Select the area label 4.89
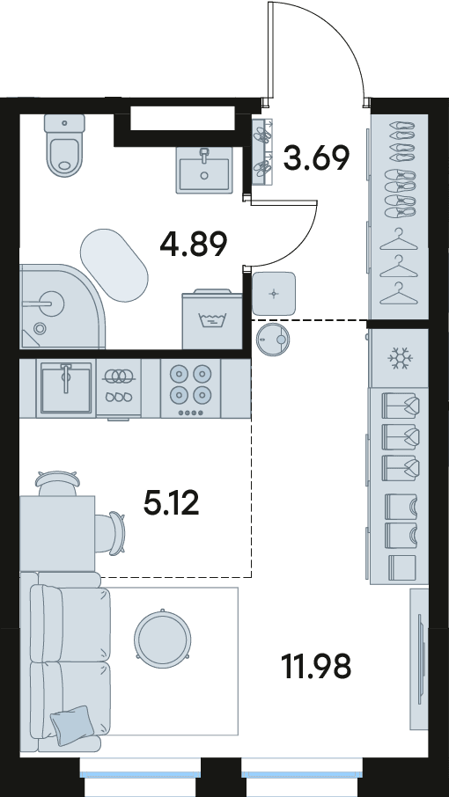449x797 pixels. point(193,245)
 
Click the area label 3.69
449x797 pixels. point(316,157)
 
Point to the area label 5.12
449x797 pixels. point(172,503)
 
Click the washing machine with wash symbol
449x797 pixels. point(212,319)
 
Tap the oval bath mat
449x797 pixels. point(114,267)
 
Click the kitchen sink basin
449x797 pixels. point(66,388)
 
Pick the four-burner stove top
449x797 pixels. point(191,389)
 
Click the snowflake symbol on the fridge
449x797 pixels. point(400,358)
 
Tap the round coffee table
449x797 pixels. point(163,636)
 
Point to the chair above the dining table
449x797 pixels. point(58,483)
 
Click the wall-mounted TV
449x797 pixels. point(421,660)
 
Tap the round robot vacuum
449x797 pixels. point(274,339)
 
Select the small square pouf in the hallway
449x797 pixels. point(274,293)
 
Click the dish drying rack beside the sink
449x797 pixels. point(119,388)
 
